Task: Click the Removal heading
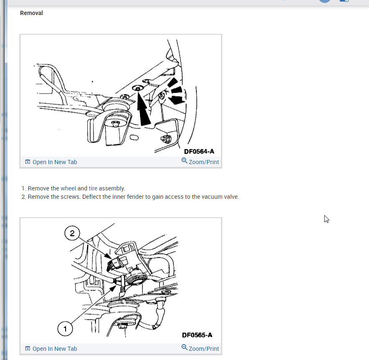click(31, 13)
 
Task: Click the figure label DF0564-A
click(199, 152)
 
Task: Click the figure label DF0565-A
click(197, 335)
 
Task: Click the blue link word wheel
click(68, 188)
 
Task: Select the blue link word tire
click(93, 188)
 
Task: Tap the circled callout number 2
click(72, 233)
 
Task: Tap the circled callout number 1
click(65, 329)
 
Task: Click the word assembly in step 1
click(112, 189)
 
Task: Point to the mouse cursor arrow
click(326, 219)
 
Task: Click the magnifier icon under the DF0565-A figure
click(184, 347)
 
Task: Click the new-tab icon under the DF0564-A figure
click(28, 162)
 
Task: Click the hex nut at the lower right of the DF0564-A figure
click(166, 139)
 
